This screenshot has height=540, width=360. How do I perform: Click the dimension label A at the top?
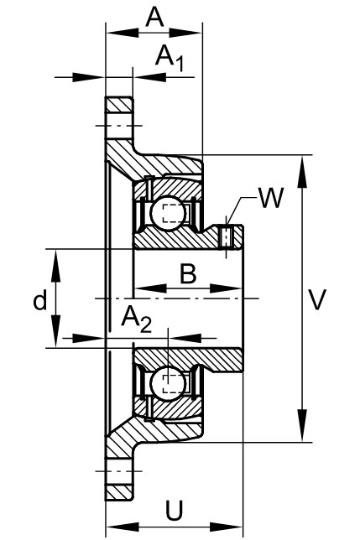pyautogui.click(x=154, y=18)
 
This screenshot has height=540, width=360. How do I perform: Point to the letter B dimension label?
pyautogui.click(x=188, y=274)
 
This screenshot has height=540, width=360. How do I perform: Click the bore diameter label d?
pyautogui.click(x=40, y=301)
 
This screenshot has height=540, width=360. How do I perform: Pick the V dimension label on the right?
pyautogui.click(x=316, y=299)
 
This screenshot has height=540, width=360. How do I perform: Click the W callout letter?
pyautogui.click(x=271, y=199)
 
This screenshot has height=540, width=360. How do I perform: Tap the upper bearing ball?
pyautogui.click(x=168, y=213)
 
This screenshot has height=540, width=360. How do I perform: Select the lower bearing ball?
pyautogui.click(x=168, y=383)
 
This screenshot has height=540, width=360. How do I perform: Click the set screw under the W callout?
pyautogui.click(x=226, y=237)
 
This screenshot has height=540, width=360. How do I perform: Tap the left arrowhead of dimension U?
pyautogui.click(x=123, y=527)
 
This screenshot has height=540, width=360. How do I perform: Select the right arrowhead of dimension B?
pyautogui.click(x=225, y=288)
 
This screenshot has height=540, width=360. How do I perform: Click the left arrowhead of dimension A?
pyautogui.click(x=123, y=34)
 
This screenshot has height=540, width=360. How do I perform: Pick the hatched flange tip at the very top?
pyautogui.click(x=119, y=104)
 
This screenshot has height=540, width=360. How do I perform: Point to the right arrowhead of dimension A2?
pyautogui.click(x=184, y=338)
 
